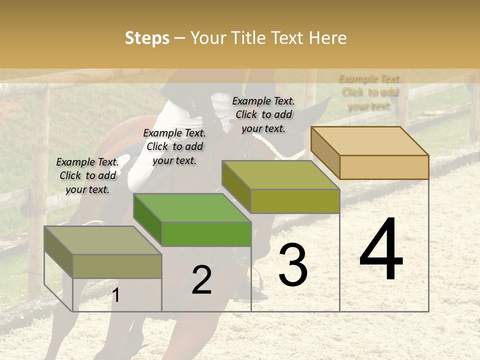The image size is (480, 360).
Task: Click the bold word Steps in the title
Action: pos(147,38)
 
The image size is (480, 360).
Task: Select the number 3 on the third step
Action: pos(292,265)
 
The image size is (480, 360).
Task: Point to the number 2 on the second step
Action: pos(201,280)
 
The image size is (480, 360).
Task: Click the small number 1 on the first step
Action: pos(115,295)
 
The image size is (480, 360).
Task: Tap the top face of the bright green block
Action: pos(192,207)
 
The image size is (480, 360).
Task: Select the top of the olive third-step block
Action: pos(280,175)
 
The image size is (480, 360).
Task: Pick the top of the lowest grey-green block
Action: pos(102,240)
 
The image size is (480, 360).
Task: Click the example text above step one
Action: pos(87,175)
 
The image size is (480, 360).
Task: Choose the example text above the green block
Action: pos(174,146)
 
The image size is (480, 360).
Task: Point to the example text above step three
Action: pos(263,114)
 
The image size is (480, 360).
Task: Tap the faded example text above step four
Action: pos(369,92)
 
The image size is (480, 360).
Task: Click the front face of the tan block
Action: pos(384,167)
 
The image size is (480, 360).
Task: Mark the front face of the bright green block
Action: pos(206,234)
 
